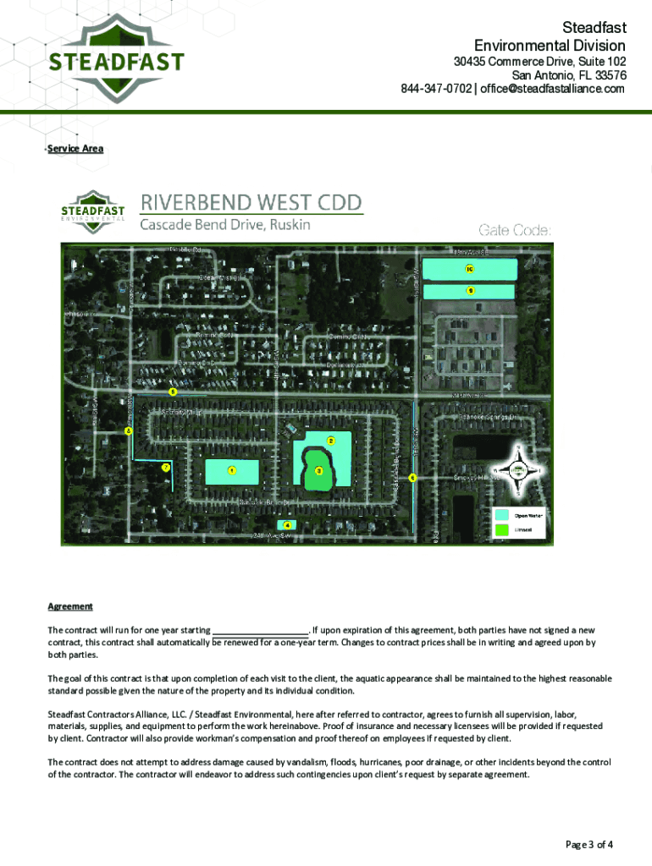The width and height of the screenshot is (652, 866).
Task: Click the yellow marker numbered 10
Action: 469,269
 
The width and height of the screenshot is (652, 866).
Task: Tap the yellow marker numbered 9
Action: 470,290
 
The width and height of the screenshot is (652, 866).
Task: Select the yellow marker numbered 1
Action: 231,470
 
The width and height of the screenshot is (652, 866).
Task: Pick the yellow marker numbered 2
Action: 331,441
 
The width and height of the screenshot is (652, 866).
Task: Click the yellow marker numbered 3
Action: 318,470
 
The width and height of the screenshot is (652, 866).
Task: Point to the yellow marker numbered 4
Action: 288,525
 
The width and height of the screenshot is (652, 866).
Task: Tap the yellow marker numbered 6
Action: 412,478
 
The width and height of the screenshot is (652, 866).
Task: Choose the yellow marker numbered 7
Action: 166,467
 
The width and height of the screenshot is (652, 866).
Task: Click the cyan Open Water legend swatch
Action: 502,514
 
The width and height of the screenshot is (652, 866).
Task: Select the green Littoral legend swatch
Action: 502,529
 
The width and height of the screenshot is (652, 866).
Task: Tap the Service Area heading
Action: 75,149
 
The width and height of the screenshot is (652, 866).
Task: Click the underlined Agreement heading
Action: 70,606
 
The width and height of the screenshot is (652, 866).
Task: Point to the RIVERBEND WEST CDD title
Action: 251,204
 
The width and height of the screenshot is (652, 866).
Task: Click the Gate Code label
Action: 515,230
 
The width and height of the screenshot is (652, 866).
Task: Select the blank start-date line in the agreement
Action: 259,631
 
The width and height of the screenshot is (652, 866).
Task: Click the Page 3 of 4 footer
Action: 588,844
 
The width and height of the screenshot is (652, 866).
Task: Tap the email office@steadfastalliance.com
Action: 553,89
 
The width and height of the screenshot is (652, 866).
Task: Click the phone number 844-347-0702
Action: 437,89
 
